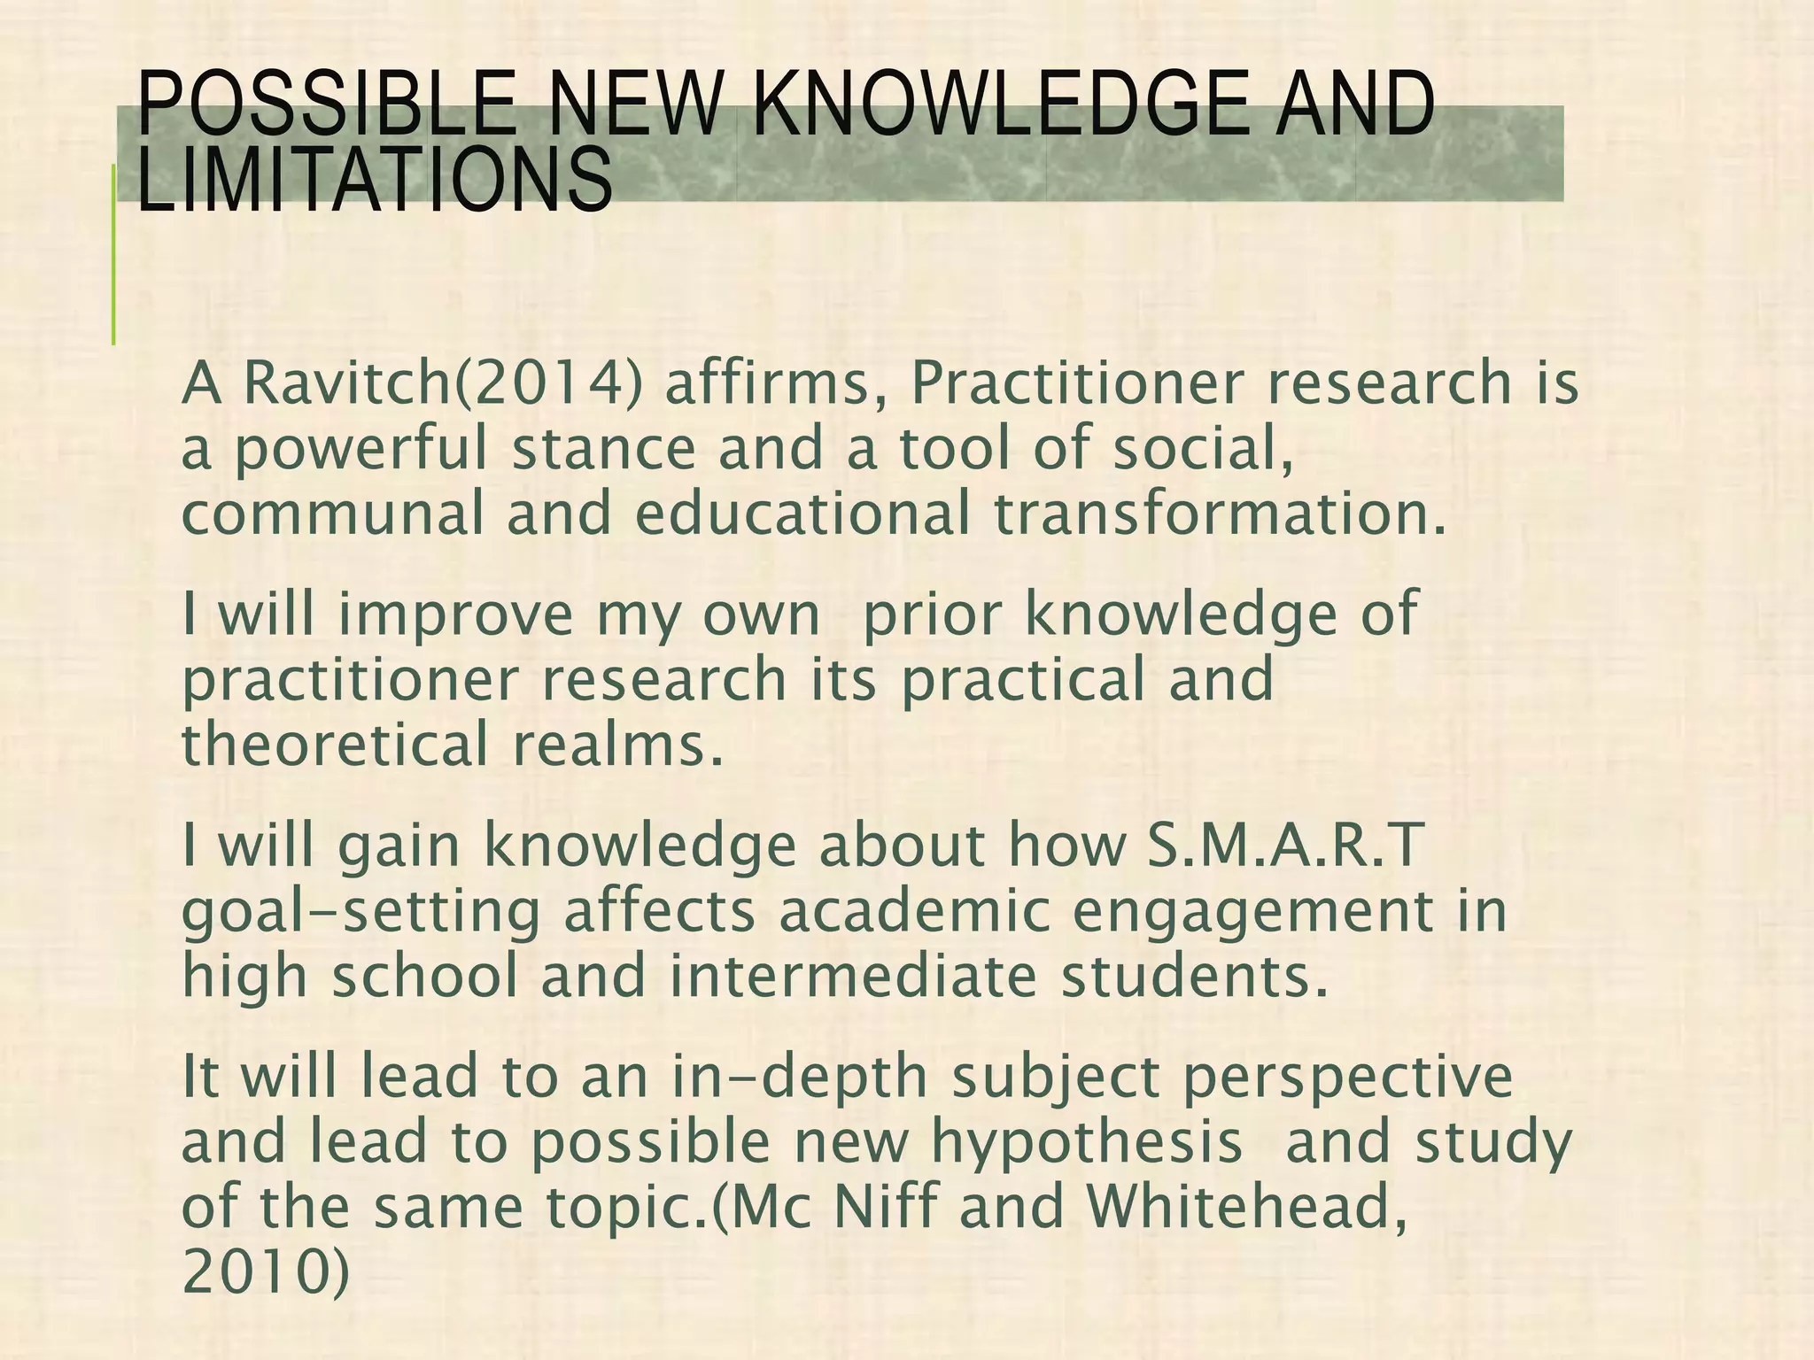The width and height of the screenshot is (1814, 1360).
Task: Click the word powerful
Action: tap(360, 449)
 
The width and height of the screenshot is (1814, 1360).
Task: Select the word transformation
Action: tap(1221, 514)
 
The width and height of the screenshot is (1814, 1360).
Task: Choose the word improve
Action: tap(456, 615)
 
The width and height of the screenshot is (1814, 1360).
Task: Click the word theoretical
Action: tap(335, 744)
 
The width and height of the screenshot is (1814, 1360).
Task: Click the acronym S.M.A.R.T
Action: tap(1284, 846)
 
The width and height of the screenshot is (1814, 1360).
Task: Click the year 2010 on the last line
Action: tap(257, 1271)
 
